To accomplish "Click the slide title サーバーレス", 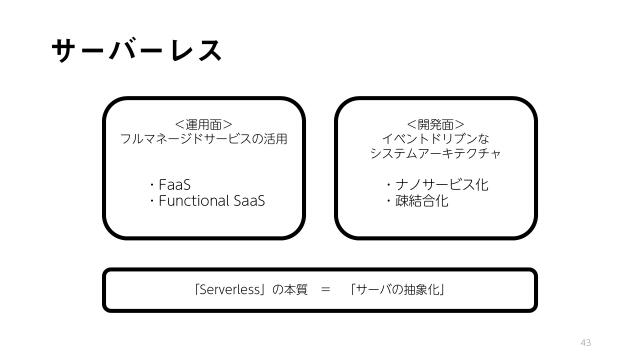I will (x=135, y=50).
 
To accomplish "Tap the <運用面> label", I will (x=204, y=125).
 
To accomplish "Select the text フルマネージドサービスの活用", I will (x=204, y=139).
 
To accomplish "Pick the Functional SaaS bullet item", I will (x=212, y=201).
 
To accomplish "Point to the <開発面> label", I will (x=435, y=125).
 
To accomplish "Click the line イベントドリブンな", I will (x=435, y=139).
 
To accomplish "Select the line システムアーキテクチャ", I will (x=435, y=153).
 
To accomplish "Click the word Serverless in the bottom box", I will (x=231, y=291).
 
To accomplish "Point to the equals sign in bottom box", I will (x=325, y=291).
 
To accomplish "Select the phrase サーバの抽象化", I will (x=397, y=291).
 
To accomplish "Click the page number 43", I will (x=586, y=342).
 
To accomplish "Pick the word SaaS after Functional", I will (x=251, y=201).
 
